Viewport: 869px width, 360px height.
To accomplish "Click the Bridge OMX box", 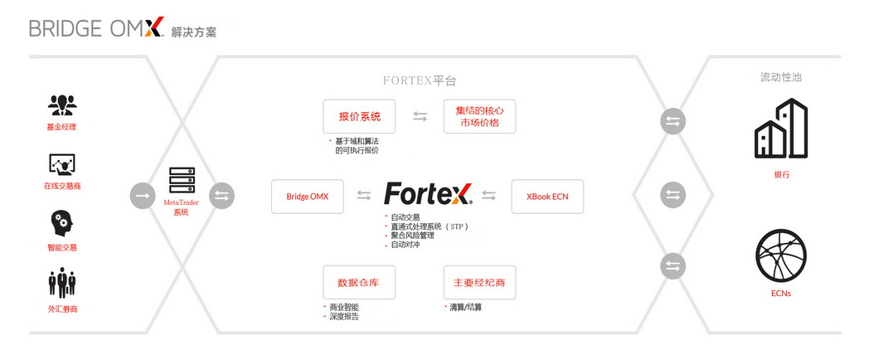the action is pyautogui.click(x=307, y=197).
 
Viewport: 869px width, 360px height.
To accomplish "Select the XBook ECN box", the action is pyautogui.click(x=547, y=197).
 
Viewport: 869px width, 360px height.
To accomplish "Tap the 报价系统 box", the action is pyautogui.click(x=359, y=116).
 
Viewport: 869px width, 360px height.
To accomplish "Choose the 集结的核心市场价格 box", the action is pyautogui.click(x=479, y=116).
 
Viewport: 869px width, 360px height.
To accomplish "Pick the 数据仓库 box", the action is pyautogui.click(x=359, y=282).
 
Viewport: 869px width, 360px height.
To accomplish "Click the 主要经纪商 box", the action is pyautogui.click(x=479, y=282).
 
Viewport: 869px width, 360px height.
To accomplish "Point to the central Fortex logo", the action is pyautogui.click(x=428, y=194).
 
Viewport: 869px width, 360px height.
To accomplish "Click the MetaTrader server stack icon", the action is pyautogui.click(x=182, y=180).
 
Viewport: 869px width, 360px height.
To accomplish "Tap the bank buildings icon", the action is pyautogui.click(x=781, y=129).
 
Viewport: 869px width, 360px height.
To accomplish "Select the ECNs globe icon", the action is pyautogui.click(x=781, y=255).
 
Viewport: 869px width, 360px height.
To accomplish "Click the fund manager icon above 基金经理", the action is pyautogui.click(x=62, y=105).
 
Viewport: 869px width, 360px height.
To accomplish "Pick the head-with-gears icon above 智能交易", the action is pyautogui.click(x=61, y=223).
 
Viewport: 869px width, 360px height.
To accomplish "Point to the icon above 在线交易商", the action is pyautogui.click(x=61, y=165).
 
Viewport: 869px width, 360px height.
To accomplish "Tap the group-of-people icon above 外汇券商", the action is pyautogui.click(x=61, y=283).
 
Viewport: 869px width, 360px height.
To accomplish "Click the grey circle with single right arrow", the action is pyautogui.click(x=143, y=196).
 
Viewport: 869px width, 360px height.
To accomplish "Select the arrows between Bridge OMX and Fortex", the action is pyautogui.click(x=363, y=195).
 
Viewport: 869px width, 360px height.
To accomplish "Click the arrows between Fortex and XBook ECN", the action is pyautogui.click(x=489, y=195).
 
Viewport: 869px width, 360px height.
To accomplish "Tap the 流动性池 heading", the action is pyautogui.click(x=781, y=78).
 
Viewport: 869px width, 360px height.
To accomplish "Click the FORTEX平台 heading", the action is pyautogui.click(x=420, y=81).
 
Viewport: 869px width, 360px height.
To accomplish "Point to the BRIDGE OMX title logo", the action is pyautogui.click(x=97, y=27).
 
